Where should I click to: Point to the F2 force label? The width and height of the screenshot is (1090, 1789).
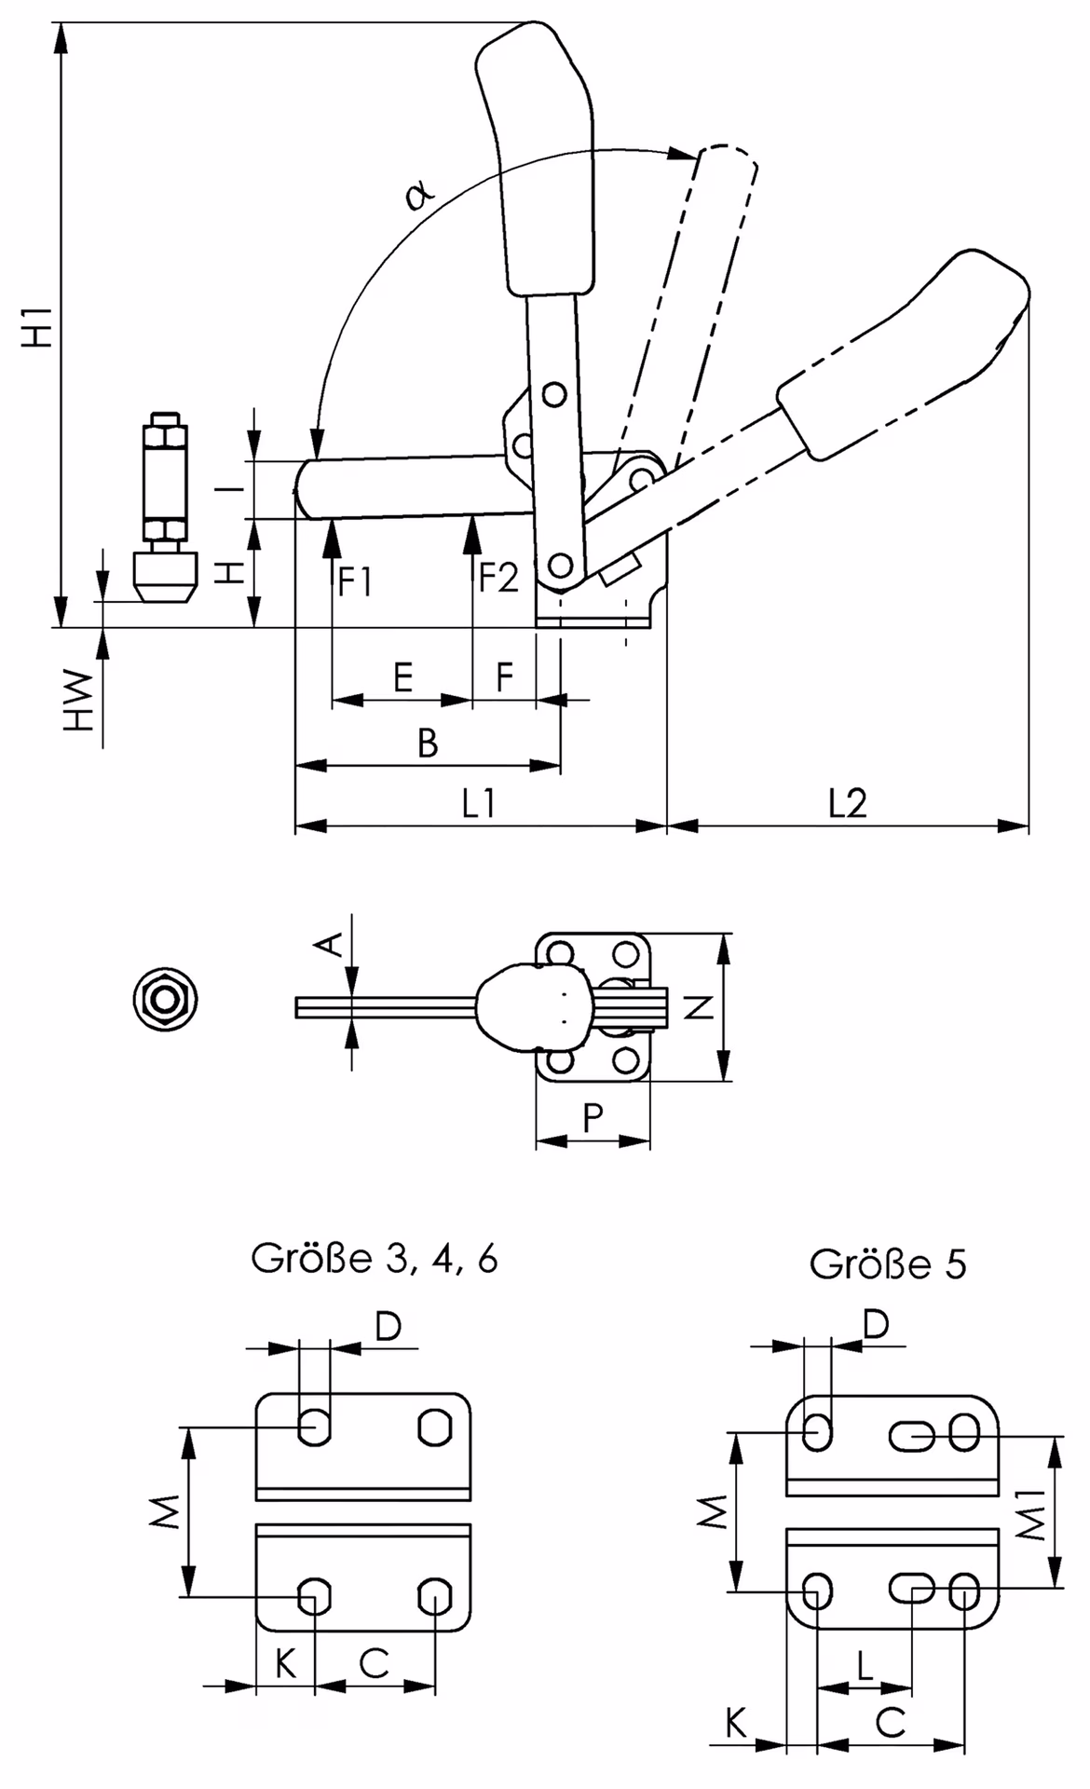(499, 578)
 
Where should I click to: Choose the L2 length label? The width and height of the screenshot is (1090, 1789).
(848, 802)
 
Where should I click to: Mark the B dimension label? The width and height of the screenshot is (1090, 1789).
(428, 743)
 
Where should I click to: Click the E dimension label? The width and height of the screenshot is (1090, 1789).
(402, 676)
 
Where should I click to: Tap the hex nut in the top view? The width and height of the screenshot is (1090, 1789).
(166, 1001)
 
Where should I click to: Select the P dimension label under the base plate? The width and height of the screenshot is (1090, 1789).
(593, 1117)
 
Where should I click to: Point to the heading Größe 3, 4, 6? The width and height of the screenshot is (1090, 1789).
(375, 1260)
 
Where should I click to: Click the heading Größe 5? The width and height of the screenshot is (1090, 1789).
(888, 1264)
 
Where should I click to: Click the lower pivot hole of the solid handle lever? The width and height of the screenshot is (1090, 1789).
(559, 565)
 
